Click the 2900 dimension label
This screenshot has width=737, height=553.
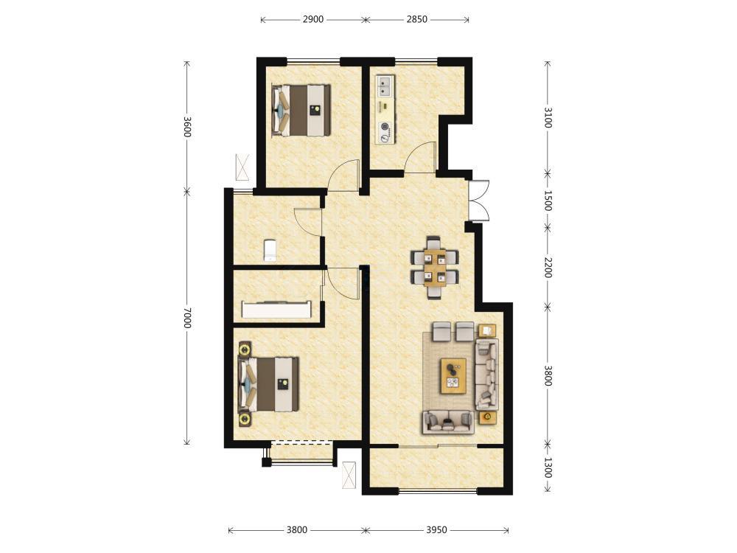click(313, 19)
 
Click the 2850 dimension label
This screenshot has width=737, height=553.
click(417, 19)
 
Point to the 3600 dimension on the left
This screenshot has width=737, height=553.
click(187, 127)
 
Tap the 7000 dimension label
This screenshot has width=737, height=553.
click(187, 318)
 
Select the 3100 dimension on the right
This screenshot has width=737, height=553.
click(548, 117)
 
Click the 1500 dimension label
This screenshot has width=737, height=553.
click(548, 201)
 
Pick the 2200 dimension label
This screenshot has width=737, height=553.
click(548, 267)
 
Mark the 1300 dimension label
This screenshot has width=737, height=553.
click(548, 468)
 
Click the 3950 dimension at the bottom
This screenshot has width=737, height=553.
click(436, 530)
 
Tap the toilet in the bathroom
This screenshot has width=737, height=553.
click(269, 250)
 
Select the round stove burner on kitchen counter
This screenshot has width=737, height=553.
click(385, 126)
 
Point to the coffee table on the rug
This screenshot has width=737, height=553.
click(453, 375)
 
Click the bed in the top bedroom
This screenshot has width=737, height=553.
click(301, 111)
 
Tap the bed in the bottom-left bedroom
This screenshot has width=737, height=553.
click(269, 384)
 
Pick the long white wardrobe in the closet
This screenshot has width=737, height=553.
click(277, 310)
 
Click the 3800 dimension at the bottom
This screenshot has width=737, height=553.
click(297, 530)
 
